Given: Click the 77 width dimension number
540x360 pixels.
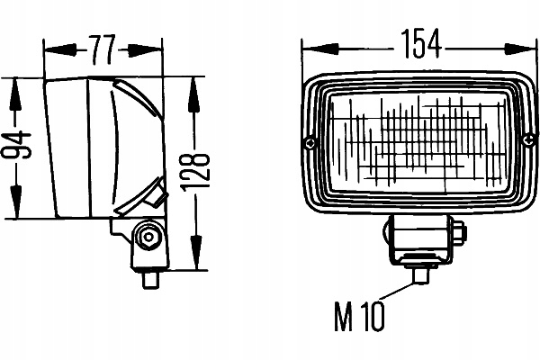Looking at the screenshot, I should click(103, 47).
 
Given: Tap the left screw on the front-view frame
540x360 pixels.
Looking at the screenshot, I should click(310, 141).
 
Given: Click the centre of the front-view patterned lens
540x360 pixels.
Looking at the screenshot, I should click(418, 141).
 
